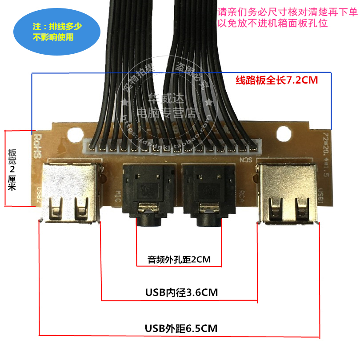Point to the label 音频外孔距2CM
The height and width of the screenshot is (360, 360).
point(179,259)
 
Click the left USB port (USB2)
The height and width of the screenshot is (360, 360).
point(69,192)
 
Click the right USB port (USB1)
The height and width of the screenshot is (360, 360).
point(288,192)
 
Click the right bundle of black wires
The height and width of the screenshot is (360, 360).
point(196,67)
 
